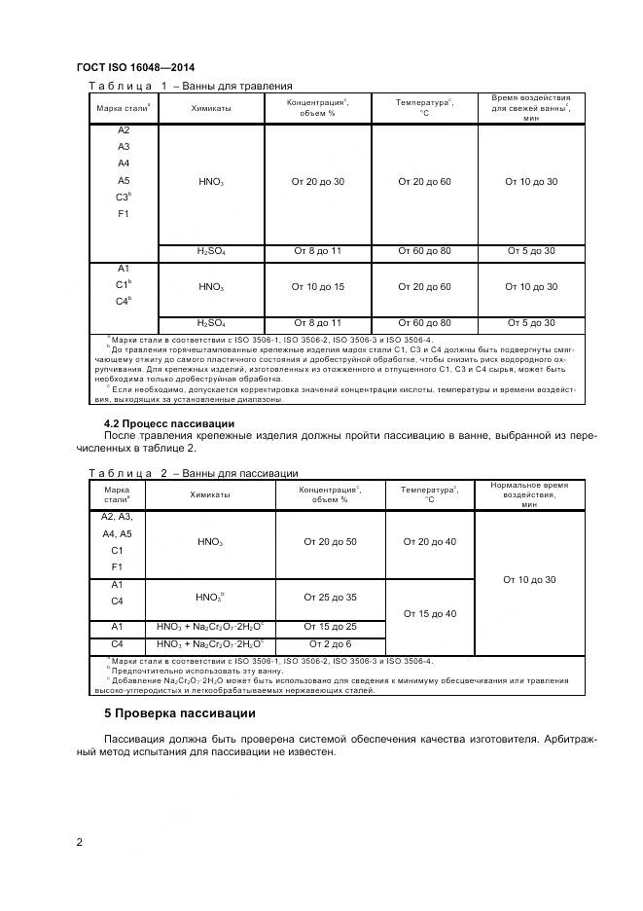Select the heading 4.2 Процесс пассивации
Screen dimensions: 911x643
point(169,423)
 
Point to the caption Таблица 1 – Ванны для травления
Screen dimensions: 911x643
point(191,86)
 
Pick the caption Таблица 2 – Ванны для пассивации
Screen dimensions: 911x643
point(193,473)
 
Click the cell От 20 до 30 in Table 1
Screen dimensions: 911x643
point(317,182)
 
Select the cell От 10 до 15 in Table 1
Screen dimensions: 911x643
point(317,287)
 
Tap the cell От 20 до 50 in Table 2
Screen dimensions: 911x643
point(331,541)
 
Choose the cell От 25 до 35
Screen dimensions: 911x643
point(331,597)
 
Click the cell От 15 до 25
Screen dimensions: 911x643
point(331,627)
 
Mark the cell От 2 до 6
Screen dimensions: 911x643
point(331,643)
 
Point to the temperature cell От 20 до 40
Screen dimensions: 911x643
point(428,541)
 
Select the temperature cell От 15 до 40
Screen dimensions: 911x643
point(428,613)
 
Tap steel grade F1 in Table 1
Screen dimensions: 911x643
point(124,213)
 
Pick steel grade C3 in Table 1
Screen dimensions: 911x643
point(124,197)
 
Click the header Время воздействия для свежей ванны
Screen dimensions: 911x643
point(530,108)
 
